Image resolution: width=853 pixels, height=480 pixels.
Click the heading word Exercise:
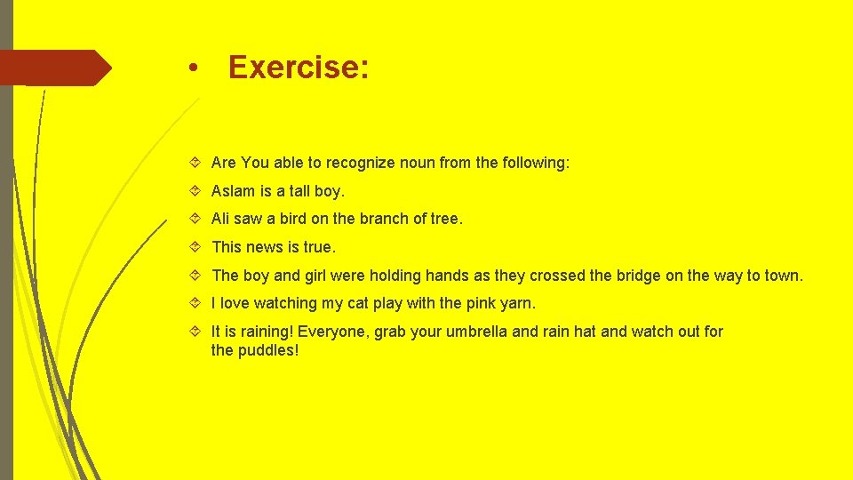click(x=298, y=68)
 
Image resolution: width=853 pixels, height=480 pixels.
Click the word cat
click(x=358, y=303)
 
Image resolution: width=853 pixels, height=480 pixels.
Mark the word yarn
click(x=516, y=303)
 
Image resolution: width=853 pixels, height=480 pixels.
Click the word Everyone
click(x=331, y=332)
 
